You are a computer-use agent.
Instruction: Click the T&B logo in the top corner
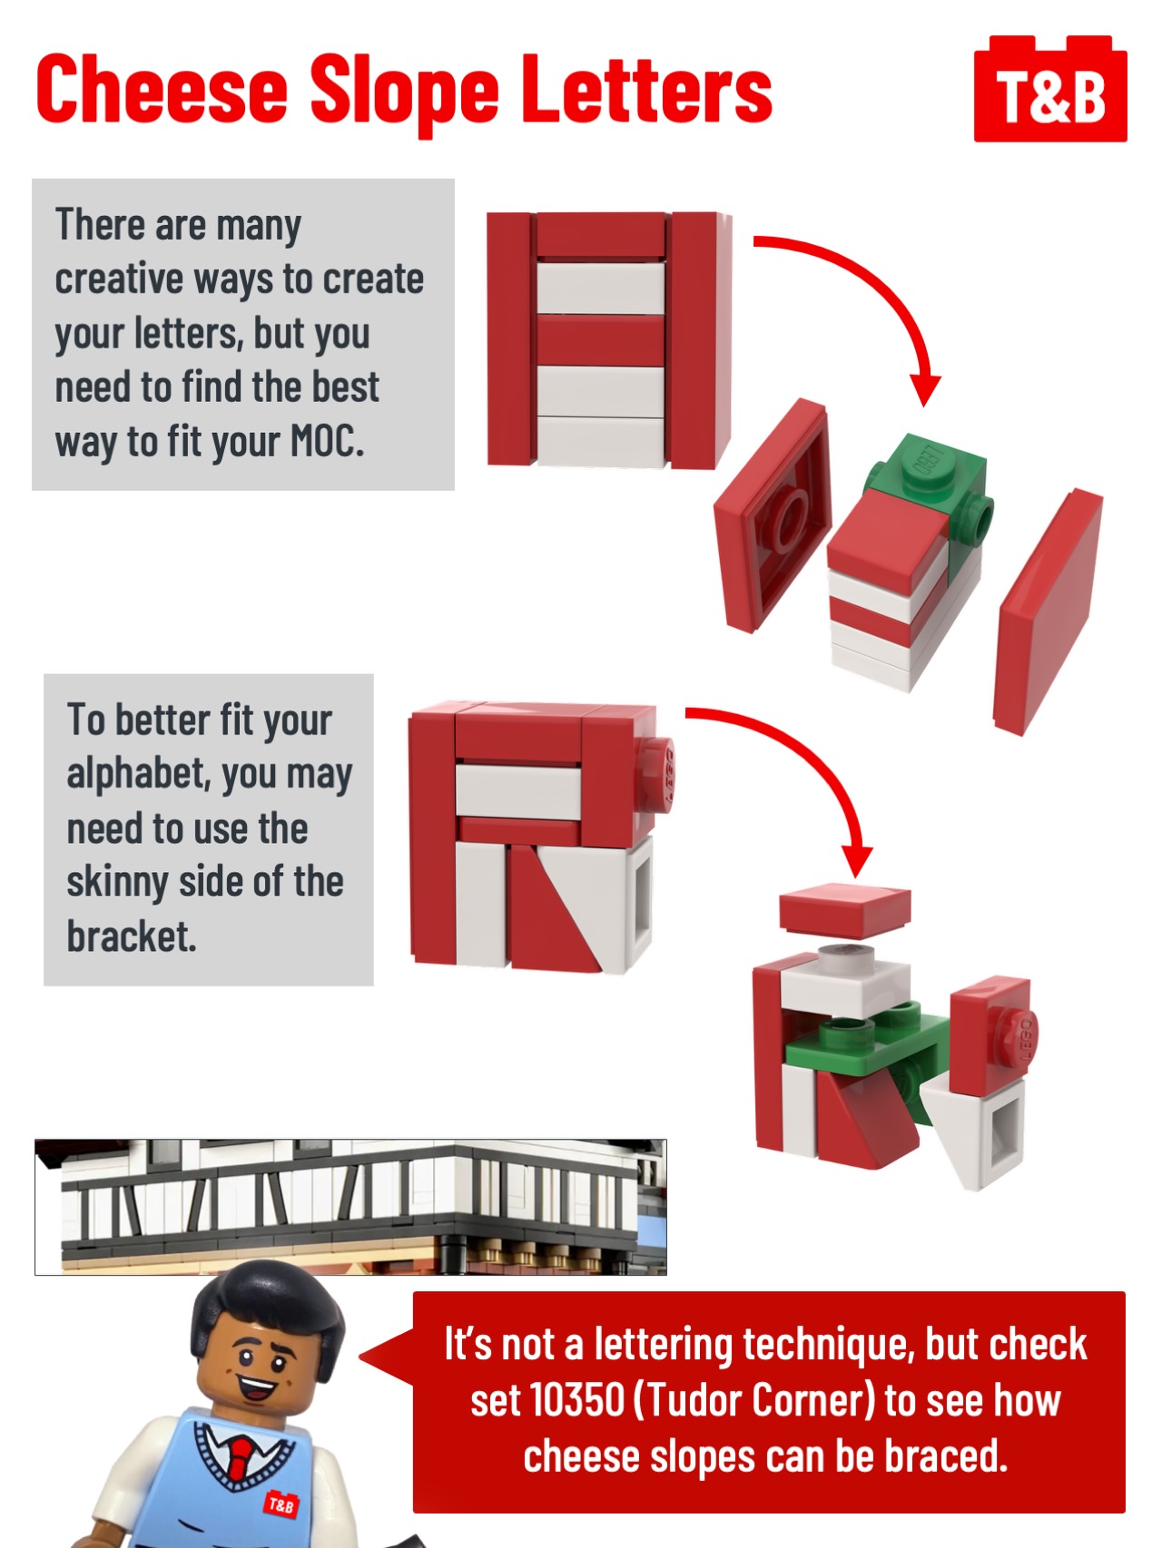(1050, 89)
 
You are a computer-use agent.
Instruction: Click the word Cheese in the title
(162, 89)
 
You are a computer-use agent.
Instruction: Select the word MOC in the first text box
(326, 442)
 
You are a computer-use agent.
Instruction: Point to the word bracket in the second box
(132, 936)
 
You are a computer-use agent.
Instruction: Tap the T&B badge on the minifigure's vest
(281, 1504)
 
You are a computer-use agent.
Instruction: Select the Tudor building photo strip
(350, 1207)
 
